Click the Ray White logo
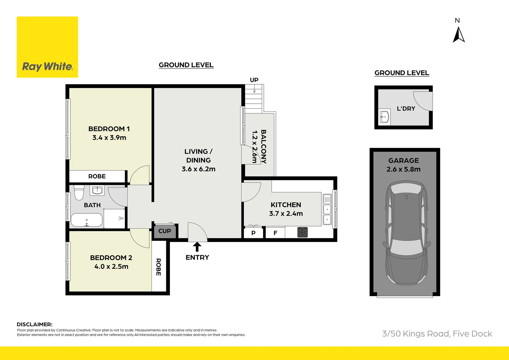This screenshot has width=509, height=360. pos(47,47)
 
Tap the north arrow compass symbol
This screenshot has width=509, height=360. pos(459,35)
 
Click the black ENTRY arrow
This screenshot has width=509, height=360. pos(197,247)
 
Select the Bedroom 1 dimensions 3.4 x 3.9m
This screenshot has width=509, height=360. pos(109,138)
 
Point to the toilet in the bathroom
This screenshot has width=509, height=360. pos(79,192)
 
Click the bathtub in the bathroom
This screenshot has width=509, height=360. pos(87,220)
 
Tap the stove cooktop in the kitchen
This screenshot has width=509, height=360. pos(302,232)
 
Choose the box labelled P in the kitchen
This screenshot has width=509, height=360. pos(254,233)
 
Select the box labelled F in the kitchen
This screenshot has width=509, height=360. pos(275,233)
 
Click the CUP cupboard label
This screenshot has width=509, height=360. pos(165,231)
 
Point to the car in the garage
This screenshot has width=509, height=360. pos(406,233)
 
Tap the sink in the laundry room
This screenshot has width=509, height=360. pos(385,117)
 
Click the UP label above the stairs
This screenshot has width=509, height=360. pos(254,80)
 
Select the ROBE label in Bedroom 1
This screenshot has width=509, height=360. pos(97,176)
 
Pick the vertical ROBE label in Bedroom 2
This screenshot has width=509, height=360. pos(159,267)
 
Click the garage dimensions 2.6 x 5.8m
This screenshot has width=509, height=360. pos(403,169)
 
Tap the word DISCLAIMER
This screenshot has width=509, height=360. pos(34,324)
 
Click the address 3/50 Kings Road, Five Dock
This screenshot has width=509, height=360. pos(437,334)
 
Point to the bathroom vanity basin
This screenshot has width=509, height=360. pos(97,190)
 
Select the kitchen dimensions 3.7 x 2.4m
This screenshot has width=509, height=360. pos(286,214)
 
